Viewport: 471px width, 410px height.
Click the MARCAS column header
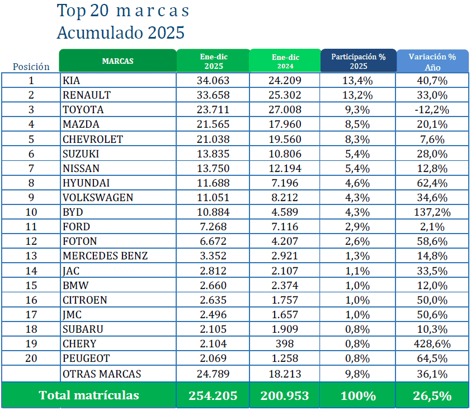pos(117,61)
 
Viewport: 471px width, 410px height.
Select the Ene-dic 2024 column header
pos(285,61)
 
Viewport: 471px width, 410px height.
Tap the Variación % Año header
pos(432,61)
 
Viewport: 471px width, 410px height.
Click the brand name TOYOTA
pos(83,110)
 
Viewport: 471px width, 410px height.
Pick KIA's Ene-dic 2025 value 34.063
pos(213,81)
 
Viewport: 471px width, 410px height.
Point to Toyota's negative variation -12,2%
pos(432,110)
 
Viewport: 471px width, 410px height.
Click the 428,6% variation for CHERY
pos(432,344)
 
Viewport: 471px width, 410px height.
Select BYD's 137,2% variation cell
pos(432,212)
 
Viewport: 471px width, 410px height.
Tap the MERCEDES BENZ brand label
pos(105,256)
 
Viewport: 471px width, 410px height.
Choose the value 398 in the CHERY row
pos(285,344)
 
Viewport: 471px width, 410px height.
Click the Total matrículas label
pos(89,395)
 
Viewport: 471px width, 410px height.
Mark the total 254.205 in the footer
pos(213,395)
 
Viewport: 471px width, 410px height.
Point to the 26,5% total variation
pos(432,395)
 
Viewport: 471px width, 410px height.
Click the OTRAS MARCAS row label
pos(102,374)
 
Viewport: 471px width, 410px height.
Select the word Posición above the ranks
pos(31,67)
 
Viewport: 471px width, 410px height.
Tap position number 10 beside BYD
pos(31,212)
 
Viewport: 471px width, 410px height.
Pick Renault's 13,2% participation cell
pos(359,95)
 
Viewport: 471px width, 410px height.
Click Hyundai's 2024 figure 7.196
pos(285,183)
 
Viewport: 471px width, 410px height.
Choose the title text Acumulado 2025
pos(121,32)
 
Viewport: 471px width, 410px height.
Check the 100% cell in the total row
pos(359,395)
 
